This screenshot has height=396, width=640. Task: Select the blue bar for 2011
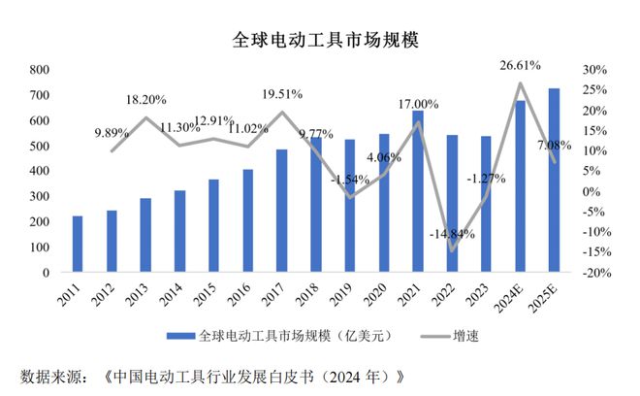[77, 244]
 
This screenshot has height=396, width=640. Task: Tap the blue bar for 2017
[281, 211]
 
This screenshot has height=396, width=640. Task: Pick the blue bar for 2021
[417, 191]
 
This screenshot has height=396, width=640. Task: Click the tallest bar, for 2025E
[554, 181]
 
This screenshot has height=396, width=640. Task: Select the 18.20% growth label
[145, 99]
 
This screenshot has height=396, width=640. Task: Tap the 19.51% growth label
[282, 94]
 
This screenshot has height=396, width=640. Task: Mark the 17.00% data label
[418, 104]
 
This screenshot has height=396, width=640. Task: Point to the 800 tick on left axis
[39, 70]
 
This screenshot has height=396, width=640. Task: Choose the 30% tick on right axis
[594, 70]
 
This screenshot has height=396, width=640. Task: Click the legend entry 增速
[464, 337]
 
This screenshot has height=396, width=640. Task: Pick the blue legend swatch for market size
[181, 337]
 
